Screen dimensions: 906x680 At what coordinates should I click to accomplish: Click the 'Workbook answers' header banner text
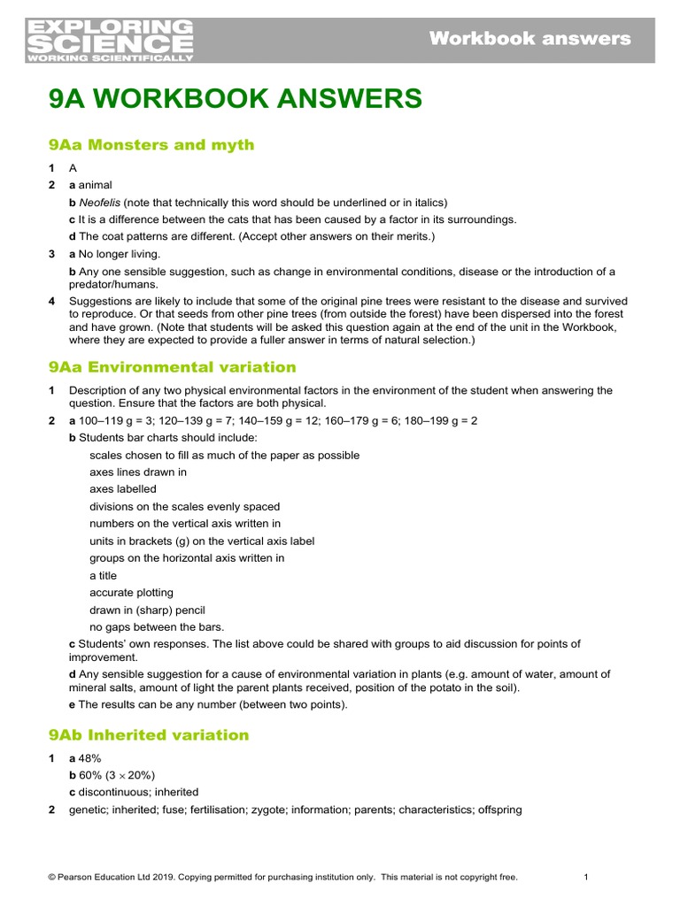point(529,38)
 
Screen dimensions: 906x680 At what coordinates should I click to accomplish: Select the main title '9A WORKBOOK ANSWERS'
point(236,99)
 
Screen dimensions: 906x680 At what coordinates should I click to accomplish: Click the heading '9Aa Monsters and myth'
point(151,145)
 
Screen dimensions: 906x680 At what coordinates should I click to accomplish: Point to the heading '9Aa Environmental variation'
point(172,367)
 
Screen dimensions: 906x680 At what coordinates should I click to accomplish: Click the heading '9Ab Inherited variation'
point(149,735)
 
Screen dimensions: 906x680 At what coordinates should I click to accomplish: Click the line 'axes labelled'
point(122,489)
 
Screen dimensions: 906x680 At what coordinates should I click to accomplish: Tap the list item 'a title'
point(103,576)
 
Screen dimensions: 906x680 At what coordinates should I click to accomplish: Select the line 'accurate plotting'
point(131,593)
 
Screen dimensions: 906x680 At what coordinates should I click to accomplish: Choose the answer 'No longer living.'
point(120,254)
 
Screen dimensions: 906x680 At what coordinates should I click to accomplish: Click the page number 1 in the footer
point(586,877)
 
